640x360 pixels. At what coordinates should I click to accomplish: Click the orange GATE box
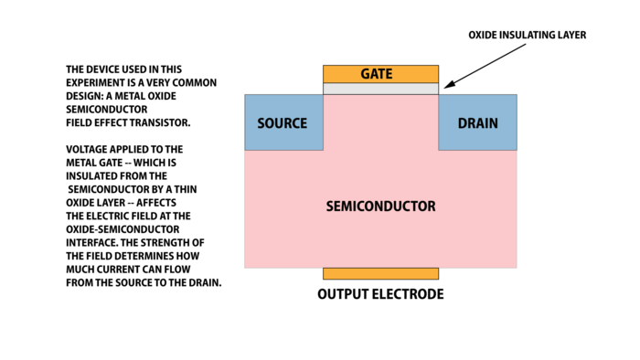380,73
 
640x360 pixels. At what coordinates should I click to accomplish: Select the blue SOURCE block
283,122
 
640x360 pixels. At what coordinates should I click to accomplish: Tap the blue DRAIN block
477,122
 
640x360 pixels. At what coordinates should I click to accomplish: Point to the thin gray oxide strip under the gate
380,89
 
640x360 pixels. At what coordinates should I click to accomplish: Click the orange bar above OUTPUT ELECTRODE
380,273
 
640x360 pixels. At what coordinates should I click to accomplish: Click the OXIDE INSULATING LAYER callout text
527,35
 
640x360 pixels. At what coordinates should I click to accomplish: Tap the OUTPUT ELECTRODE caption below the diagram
380,294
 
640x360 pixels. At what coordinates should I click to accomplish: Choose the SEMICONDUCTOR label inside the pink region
380,206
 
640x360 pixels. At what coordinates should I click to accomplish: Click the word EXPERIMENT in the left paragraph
98,82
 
